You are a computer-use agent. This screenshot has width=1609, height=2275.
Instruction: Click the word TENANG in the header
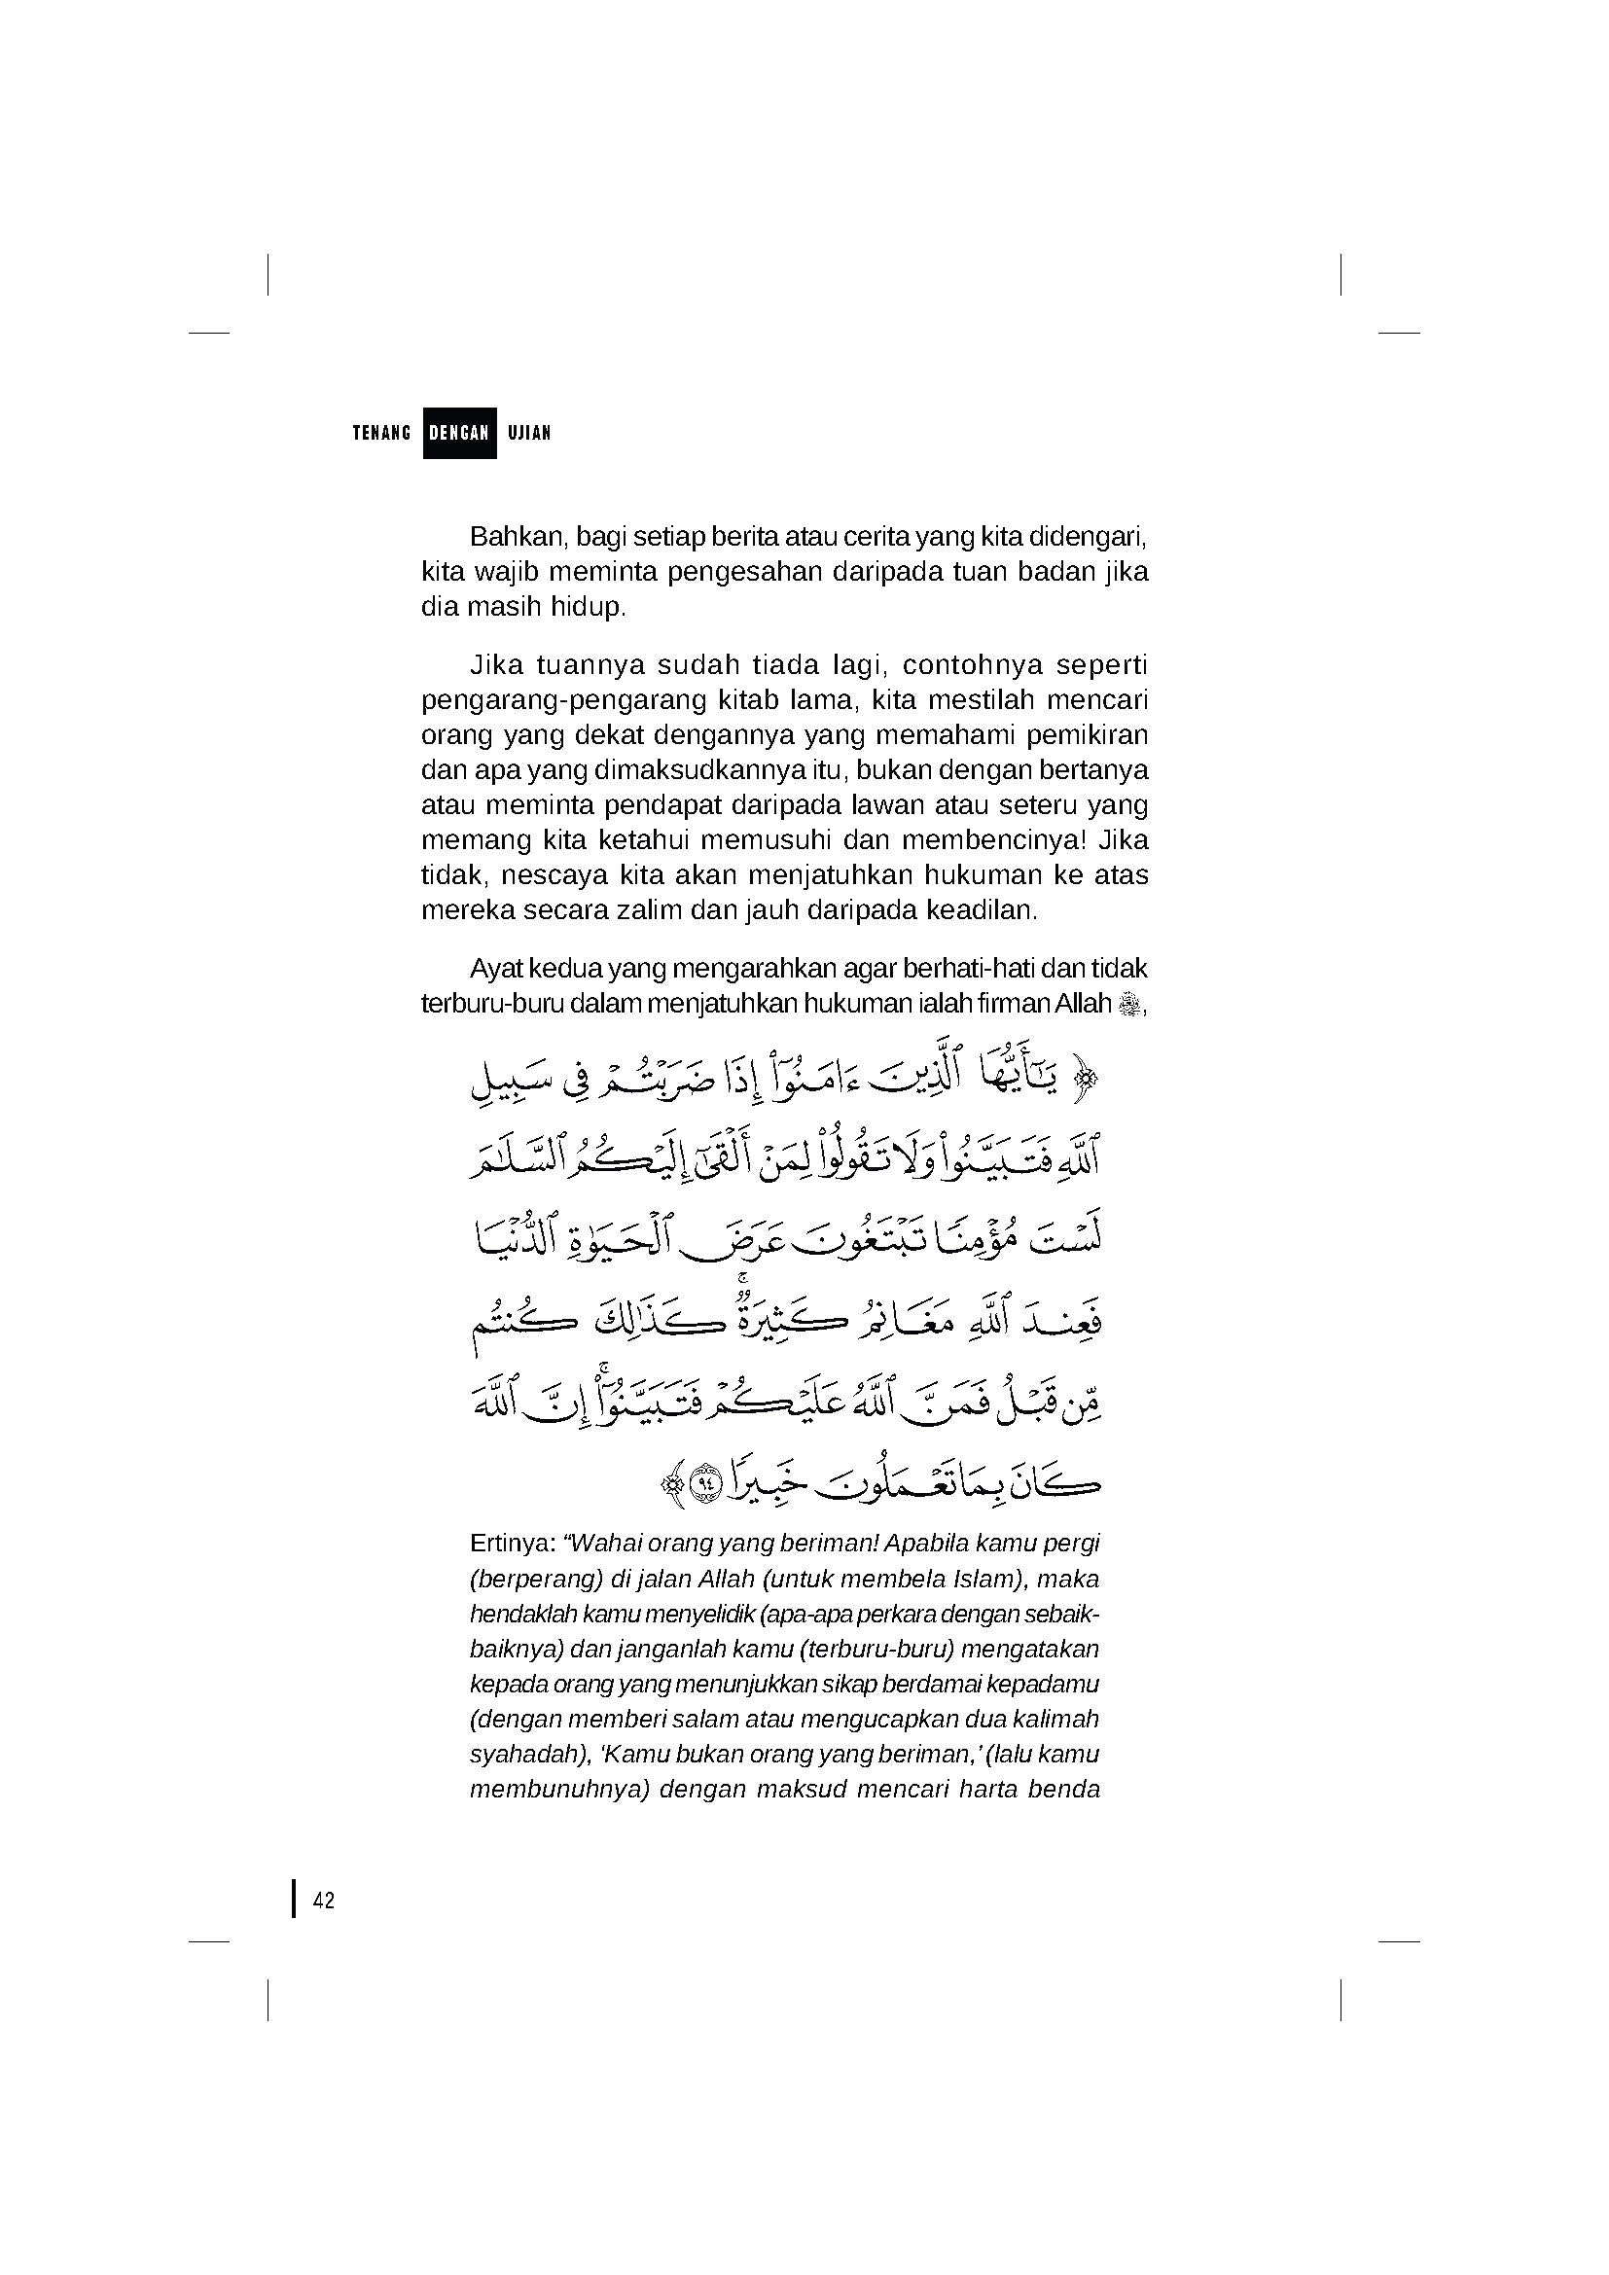click(381, 433)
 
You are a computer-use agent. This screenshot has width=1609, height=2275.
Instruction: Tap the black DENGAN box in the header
click(460, 433)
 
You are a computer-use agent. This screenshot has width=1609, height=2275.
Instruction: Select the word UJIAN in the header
click(529, 433)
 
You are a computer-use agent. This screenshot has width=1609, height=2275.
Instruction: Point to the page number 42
click(324, 1901)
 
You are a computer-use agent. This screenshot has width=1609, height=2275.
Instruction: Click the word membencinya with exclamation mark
click(990, 840)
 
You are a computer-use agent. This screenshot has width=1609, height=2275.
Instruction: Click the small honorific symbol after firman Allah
click(1128, 1005)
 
